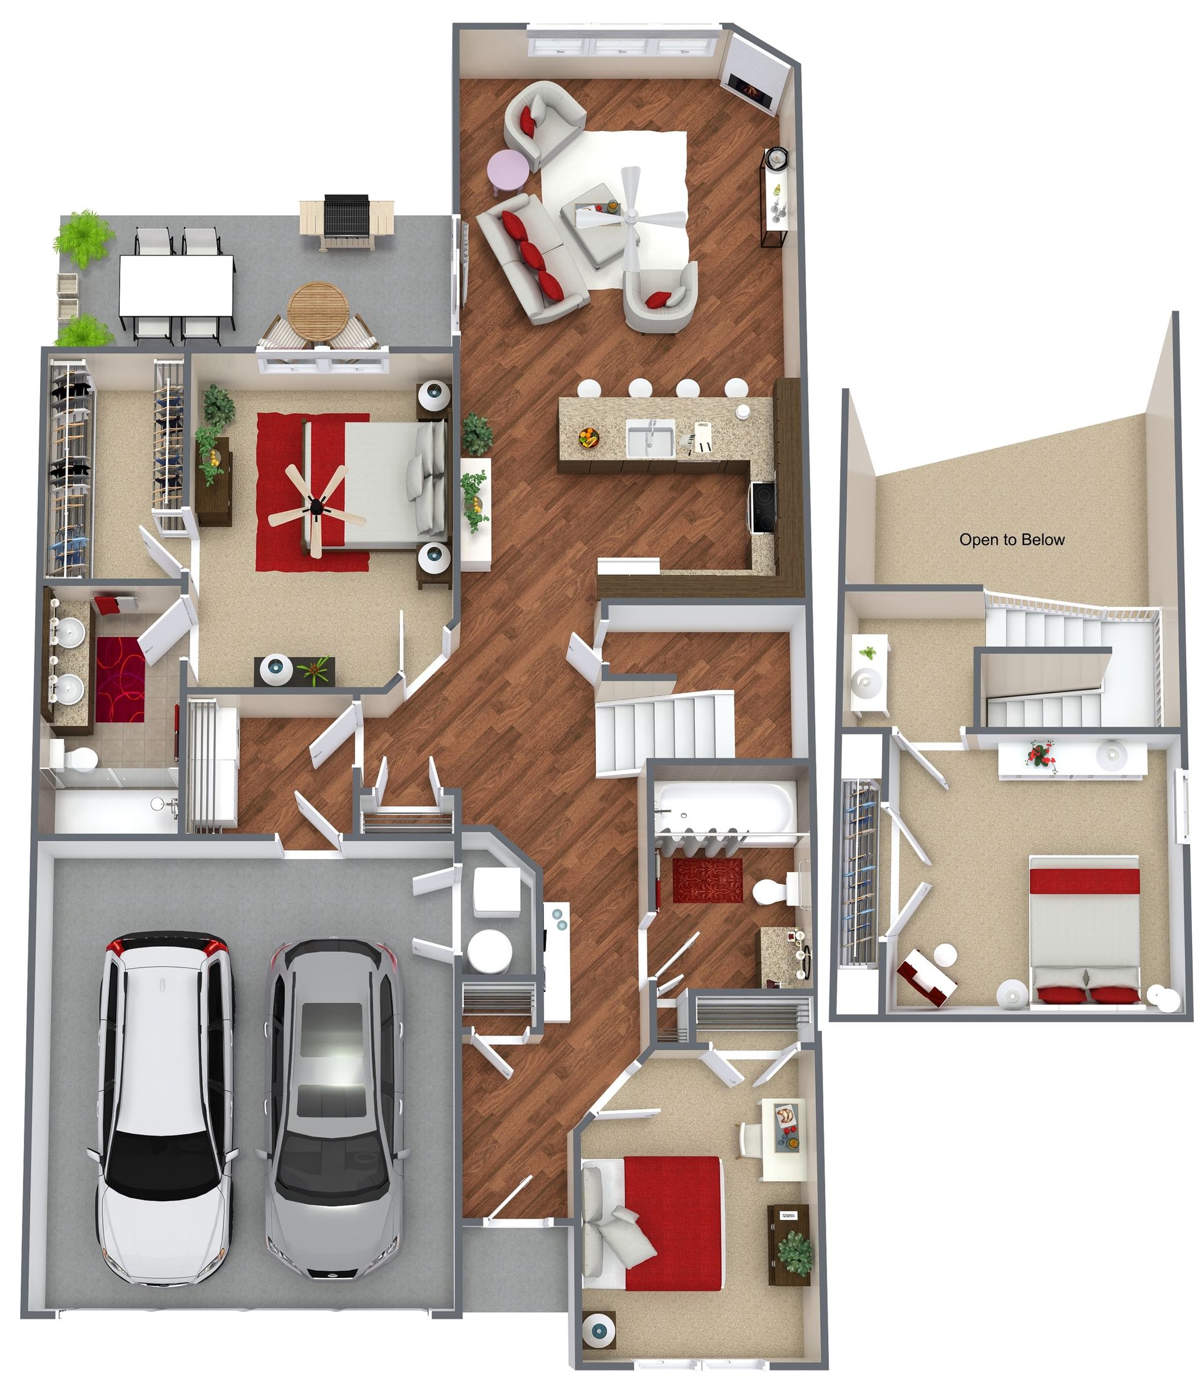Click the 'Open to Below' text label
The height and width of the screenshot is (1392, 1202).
(1011, 540)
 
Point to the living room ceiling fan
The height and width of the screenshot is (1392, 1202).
(631, 215)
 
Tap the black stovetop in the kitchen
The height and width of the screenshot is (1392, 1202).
(763, 507)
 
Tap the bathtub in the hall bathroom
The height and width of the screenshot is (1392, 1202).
(724, 806)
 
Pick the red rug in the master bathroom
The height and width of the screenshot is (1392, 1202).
(120, 679)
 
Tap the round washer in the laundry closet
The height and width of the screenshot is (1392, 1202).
(490, 951)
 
